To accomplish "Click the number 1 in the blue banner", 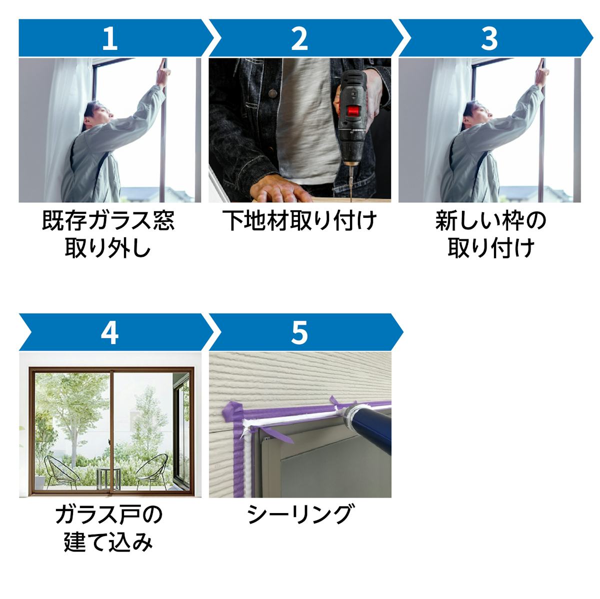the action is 110,38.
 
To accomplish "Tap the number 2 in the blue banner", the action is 299,38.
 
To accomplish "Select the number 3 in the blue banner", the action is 489,38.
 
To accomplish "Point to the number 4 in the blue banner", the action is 109,333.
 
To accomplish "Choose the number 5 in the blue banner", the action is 299,333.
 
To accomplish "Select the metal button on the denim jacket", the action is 273,93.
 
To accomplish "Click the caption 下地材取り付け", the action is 299,220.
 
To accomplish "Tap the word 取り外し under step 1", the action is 108,248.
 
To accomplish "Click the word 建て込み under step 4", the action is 108,542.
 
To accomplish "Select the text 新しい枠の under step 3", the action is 490,220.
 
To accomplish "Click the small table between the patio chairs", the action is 108,479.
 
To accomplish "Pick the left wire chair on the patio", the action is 61,473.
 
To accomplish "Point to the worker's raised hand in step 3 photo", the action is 542,72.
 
